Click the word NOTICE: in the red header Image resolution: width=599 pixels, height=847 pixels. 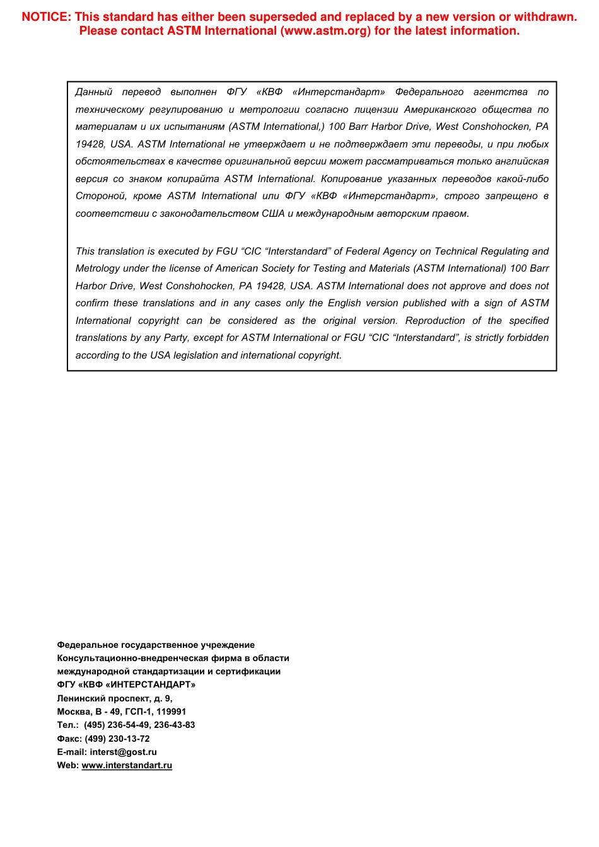[46, 17]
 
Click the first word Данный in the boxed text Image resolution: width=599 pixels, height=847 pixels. [93, 92]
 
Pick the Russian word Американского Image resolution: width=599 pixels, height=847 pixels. [439, 110]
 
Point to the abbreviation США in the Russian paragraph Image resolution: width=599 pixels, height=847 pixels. [273, 214]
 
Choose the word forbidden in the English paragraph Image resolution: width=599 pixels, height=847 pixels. [528, 338]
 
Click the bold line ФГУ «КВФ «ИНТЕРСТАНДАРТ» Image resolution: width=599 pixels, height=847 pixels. [126, 684]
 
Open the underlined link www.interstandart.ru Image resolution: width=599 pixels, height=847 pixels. [127, 765]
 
